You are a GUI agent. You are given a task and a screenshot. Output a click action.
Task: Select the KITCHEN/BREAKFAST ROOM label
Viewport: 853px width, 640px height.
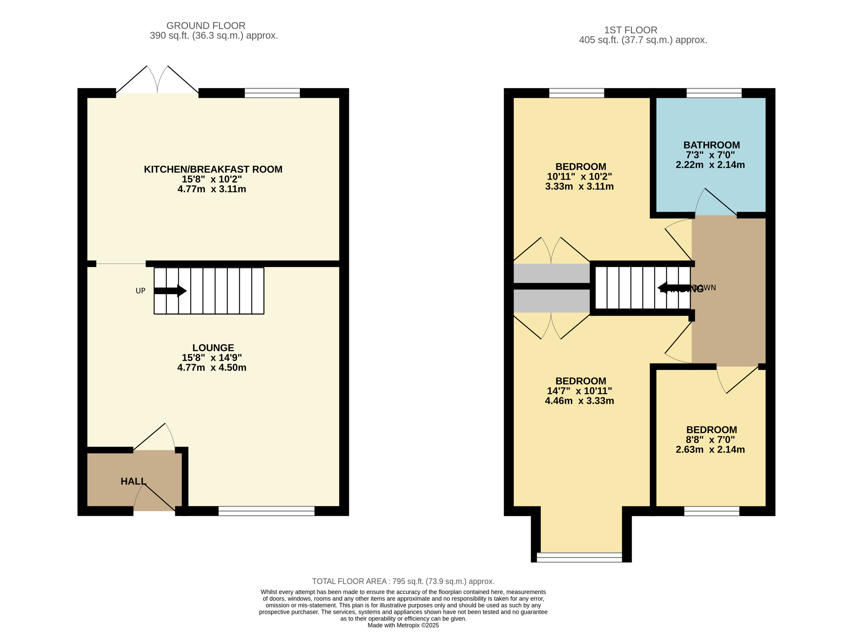click(213, 169)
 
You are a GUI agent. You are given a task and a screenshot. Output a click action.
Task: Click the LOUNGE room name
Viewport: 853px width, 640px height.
click(213, 348)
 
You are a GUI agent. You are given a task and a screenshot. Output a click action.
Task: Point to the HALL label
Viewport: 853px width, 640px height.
click(133, 481)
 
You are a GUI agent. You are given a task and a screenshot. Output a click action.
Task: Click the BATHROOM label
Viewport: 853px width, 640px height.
click(711, 145)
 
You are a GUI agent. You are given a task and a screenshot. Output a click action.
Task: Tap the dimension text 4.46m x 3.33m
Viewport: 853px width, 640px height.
click(579, 401)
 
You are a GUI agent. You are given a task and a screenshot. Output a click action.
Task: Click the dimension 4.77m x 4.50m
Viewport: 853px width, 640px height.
click(212, 367)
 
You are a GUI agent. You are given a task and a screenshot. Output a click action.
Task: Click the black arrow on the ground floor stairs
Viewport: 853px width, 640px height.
click(170, 291)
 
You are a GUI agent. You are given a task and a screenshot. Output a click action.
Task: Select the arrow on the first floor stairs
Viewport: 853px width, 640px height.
click(667, 287)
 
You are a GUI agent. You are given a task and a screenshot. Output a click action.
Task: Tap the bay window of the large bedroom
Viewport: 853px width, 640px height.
click(579, 557)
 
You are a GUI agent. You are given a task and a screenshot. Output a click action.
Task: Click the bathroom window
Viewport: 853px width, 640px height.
click(714, 93)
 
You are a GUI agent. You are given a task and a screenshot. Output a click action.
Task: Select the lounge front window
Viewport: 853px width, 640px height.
click(266, 511)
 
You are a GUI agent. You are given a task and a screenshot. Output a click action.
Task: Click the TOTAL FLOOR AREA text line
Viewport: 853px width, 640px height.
click(403, 581)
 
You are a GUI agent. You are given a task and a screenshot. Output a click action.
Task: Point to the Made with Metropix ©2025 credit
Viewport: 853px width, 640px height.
click(403, 625)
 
